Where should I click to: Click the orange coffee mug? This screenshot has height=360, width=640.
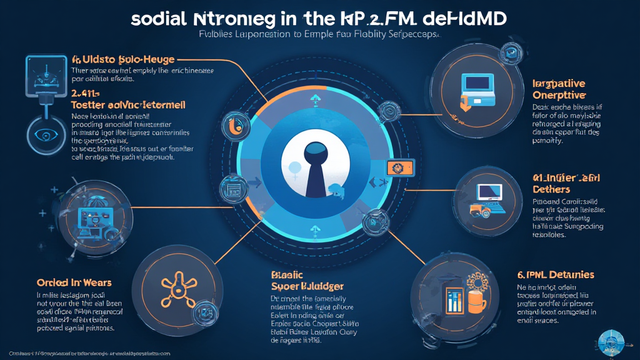point(476,302)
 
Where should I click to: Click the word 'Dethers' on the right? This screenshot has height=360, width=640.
point(551,189)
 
